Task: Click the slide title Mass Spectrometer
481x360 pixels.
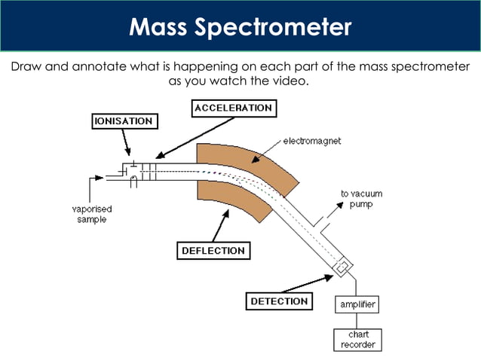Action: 240,27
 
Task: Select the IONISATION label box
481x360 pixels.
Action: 124,121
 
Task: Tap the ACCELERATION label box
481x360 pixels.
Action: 233,108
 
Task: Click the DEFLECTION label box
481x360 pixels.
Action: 213,251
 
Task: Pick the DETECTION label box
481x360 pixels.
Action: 279,301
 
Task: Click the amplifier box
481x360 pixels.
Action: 356,304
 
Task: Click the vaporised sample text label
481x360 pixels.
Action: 89,214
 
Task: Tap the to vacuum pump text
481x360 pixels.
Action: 361,199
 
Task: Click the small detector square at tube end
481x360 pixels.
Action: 344,267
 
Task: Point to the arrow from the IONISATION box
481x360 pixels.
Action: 127,143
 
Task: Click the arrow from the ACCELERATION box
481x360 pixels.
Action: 177,139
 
